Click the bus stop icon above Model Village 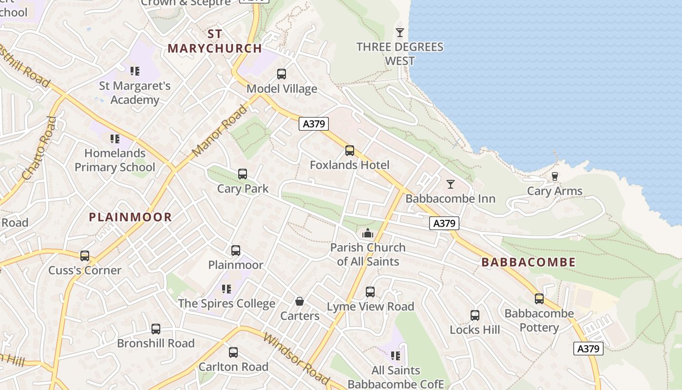282,74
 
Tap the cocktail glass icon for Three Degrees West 400,33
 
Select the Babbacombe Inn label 450,198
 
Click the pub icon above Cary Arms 554,176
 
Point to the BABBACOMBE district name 529,262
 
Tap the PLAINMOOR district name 131,217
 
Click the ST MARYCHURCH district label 215,41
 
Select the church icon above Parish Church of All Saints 368,233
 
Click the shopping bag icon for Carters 300,302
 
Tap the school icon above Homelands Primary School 114,139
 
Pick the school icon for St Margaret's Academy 135,72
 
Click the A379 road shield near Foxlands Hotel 314,124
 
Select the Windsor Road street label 296,358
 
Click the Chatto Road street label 36,148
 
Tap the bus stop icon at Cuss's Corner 85,256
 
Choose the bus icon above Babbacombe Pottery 539,299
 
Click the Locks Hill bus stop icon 475,315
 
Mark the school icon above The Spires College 227,289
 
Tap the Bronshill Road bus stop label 155,343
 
